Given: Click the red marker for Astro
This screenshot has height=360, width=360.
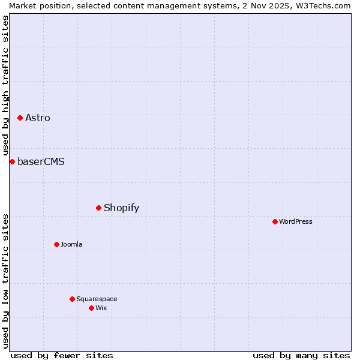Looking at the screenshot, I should coord(20,118).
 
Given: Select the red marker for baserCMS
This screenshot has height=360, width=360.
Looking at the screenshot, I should coord(12,161).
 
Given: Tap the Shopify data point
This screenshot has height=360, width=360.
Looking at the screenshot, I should coord(98,208).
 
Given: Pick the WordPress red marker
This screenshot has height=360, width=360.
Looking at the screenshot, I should coord(275,221).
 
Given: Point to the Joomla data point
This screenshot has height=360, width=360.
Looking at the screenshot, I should coord(56,244).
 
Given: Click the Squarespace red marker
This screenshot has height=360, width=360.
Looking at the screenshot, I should coord(72,299).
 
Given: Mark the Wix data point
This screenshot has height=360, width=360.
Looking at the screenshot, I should coord(91,308).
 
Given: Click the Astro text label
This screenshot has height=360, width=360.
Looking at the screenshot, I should coord(38,118).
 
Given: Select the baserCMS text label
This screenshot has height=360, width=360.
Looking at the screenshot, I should coord(41,161).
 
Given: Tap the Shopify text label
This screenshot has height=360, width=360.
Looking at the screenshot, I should coord(121,208).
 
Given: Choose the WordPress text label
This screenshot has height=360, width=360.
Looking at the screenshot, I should coord(296,221).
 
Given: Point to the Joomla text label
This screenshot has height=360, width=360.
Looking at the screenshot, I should coord(71,244).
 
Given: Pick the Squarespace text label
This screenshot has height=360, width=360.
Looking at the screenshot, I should coord(97,299).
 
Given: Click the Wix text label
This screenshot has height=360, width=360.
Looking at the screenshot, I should coord(101,308).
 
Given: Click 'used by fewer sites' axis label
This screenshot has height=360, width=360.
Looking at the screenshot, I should coord(62,355).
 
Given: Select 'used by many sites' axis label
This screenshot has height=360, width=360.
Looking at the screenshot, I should coord(301,355).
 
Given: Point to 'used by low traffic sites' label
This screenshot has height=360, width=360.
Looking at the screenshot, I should coord(5,280).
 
